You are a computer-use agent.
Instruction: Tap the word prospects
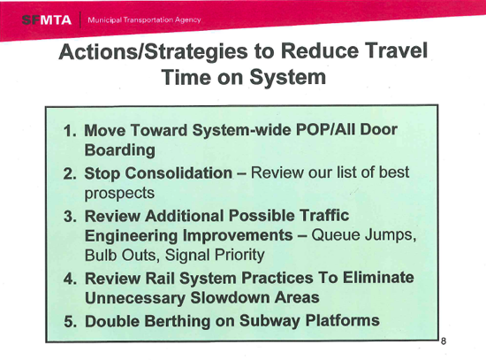point(118,193)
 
